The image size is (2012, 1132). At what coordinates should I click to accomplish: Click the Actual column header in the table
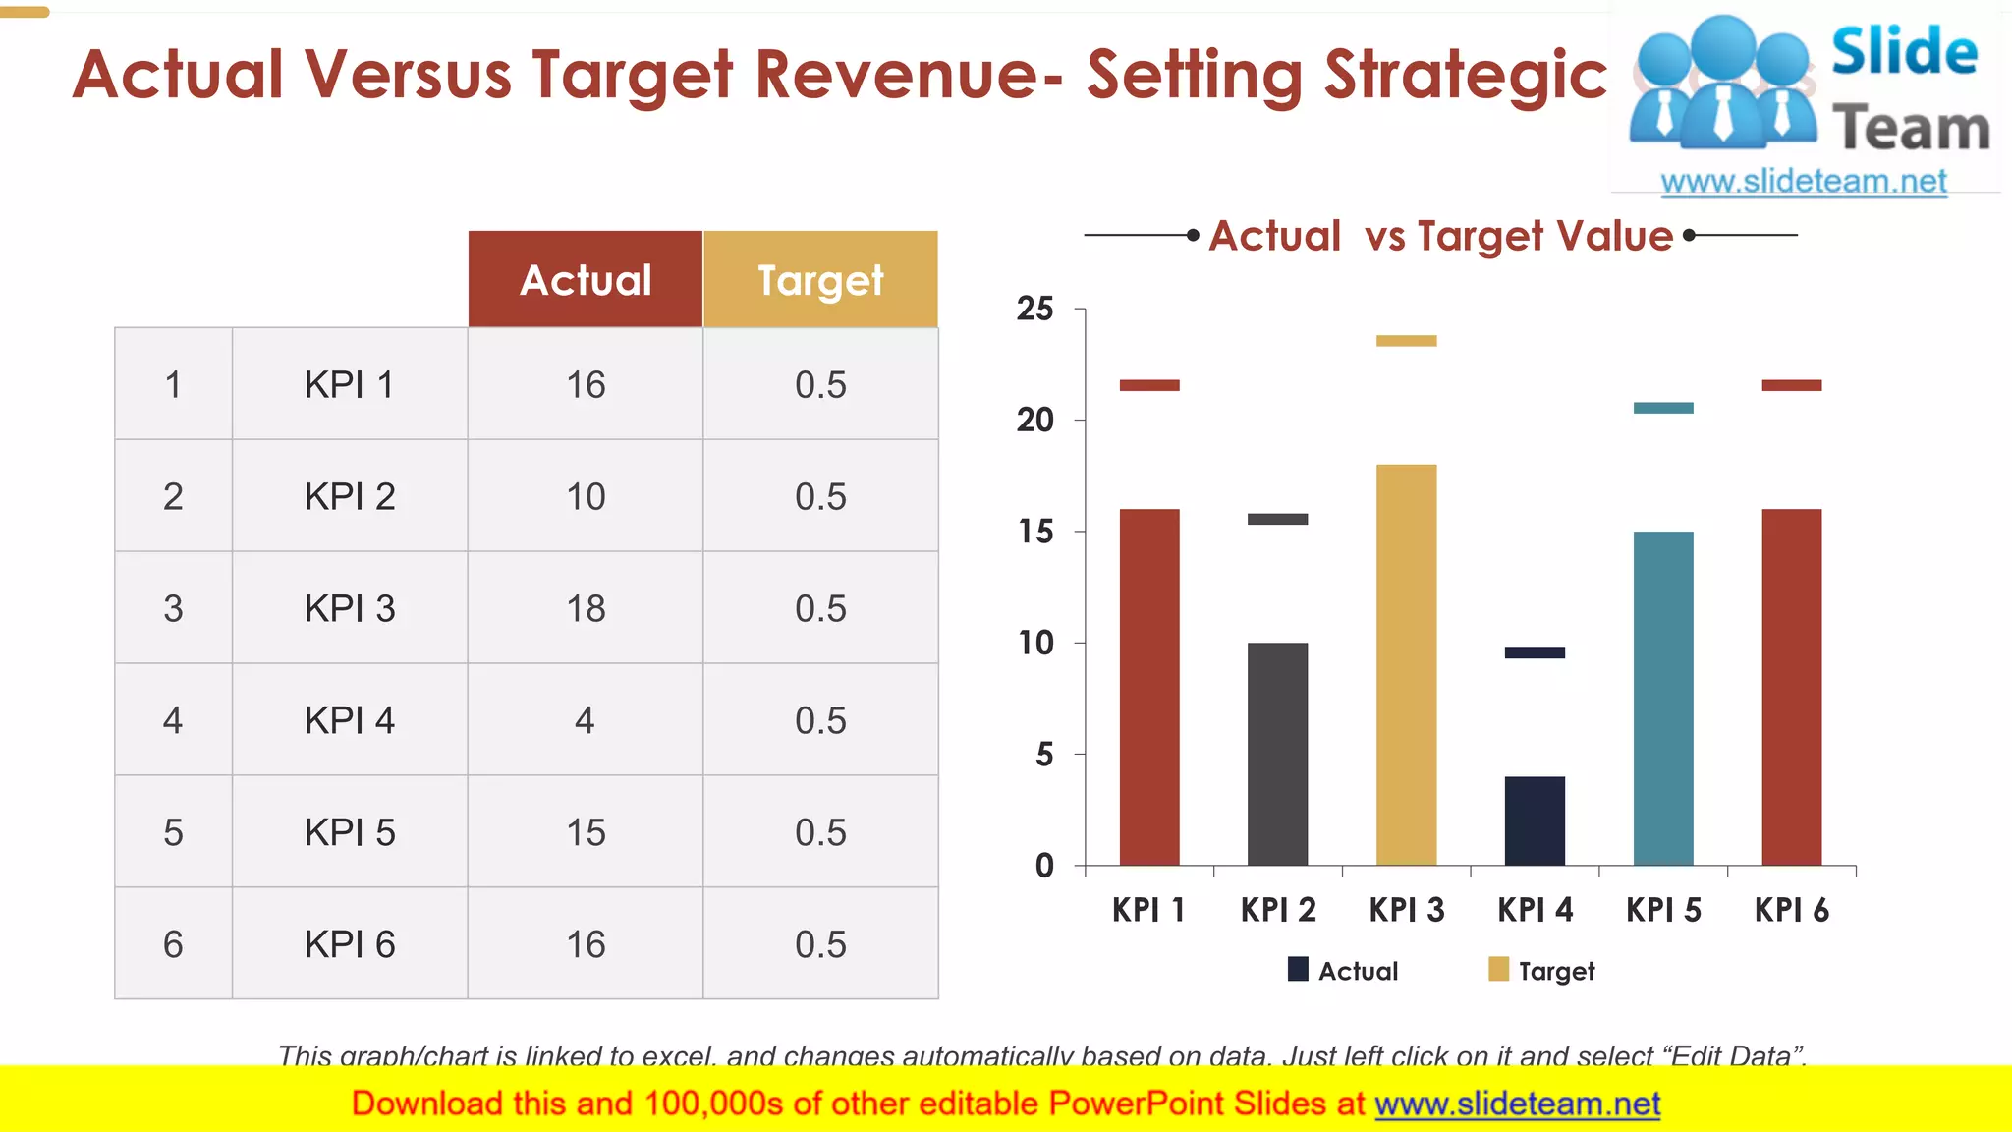586,280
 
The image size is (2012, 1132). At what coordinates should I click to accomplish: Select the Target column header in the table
820,280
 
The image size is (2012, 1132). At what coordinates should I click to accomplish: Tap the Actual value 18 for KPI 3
586,608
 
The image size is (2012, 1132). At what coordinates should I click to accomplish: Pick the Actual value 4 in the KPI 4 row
586,720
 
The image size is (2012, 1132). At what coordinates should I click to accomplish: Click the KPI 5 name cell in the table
350,832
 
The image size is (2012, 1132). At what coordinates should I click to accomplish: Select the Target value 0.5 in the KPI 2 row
820,496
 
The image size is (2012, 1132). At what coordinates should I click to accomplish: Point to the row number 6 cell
173,944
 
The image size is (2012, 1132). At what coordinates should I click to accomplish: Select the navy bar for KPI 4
1535,821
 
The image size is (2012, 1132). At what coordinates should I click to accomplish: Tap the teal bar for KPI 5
1663,699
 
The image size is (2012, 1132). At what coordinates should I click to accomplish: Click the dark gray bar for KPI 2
1277,754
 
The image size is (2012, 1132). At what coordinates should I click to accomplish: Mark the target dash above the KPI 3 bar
1406,341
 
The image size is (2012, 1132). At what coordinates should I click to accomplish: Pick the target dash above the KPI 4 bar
1535,652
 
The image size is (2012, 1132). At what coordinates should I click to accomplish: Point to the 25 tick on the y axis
1035,310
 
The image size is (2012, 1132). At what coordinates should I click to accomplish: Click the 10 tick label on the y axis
1035,644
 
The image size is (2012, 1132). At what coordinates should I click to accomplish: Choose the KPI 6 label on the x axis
1792,910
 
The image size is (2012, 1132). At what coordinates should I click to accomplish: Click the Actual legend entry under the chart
1343,971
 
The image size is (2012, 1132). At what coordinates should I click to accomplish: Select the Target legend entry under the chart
1542,971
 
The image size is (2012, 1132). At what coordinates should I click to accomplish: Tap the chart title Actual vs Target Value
1440,236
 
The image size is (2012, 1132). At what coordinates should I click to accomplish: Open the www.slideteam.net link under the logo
1804,182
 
